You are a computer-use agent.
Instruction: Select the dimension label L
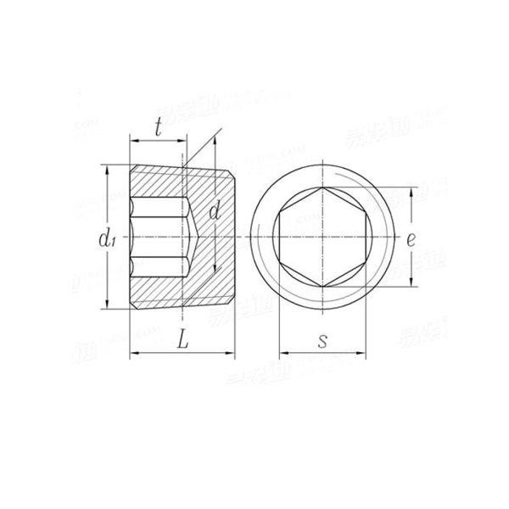[x=182, y=339]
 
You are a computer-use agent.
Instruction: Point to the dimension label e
[x=411, y=239]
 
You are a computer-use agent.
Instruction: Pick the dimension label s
[x=323, y=340]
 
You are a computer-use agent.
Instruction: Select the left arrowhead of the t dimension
[x=132, y=141]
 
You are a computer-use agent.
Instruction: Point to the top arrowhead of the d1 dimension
[x=108, y=168]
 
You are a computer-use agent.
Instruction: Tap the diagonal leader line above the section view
[x=204, y=146]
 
